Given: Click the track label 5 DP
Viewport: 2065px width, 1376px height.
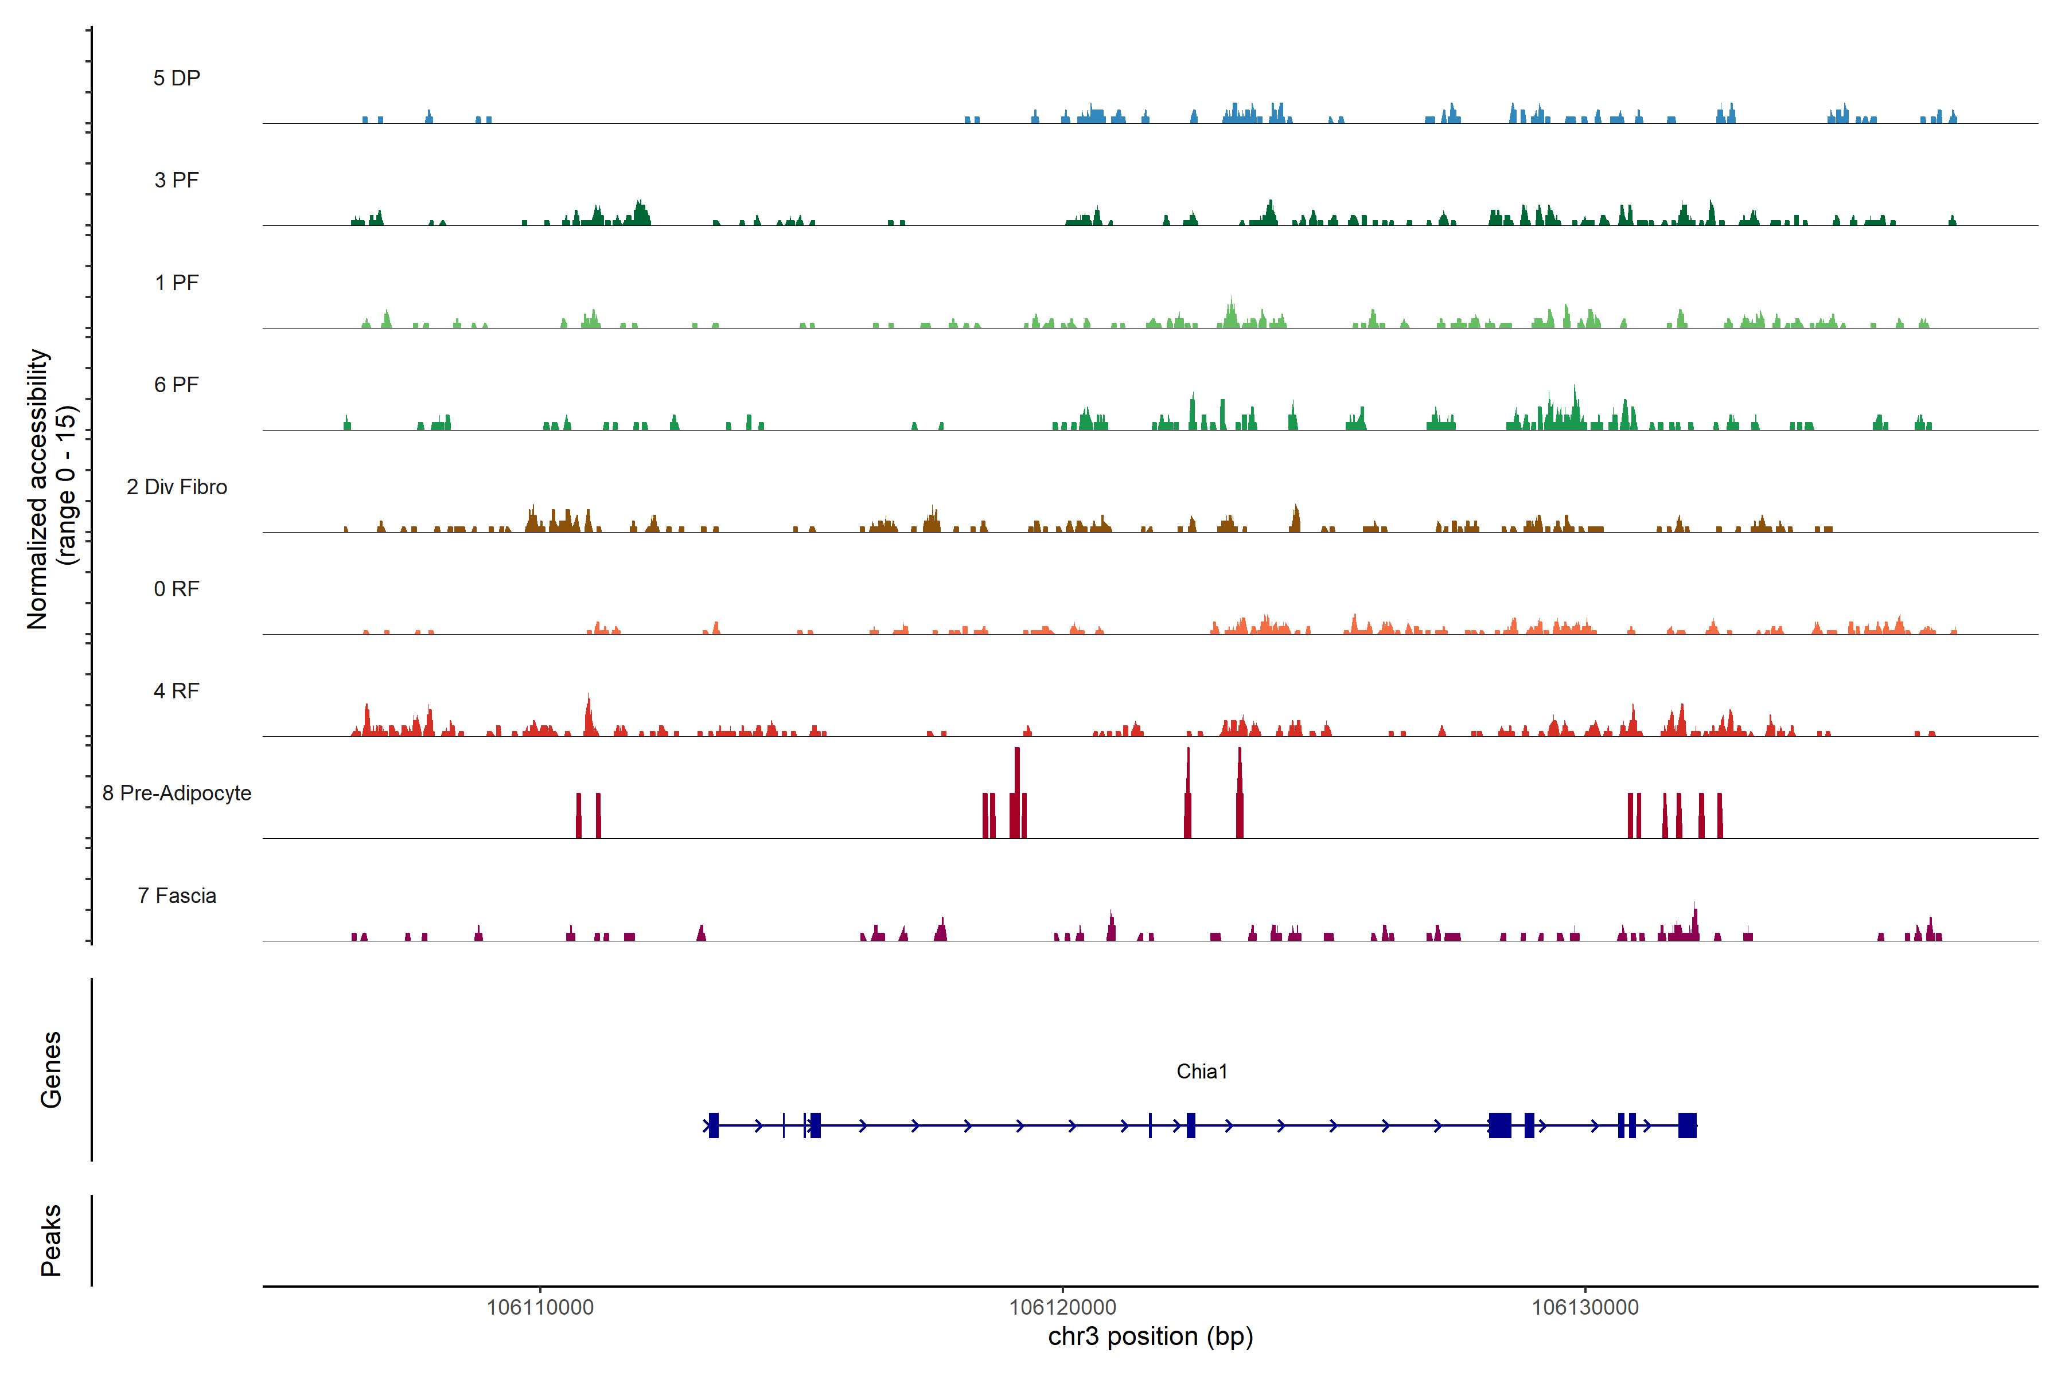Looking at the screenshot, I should click(x=177, y=78).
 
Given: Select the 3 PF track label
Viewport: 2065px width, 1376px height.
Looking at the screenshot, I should click(x=177, y=180).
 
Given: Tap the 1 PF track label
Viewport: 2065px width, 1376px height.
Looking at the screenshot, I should click(x=177, y=283).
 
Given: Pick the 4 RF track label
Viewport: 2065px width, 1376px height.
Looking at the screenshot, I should click(x=177, y=691).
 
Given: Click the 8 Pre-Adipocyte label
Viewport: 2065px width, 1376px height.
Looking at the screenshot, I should click(x=177, y=793).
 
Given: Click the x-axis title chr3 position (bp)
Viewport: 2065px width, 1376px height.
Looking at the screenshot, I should click(x=1150, y=1336).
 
